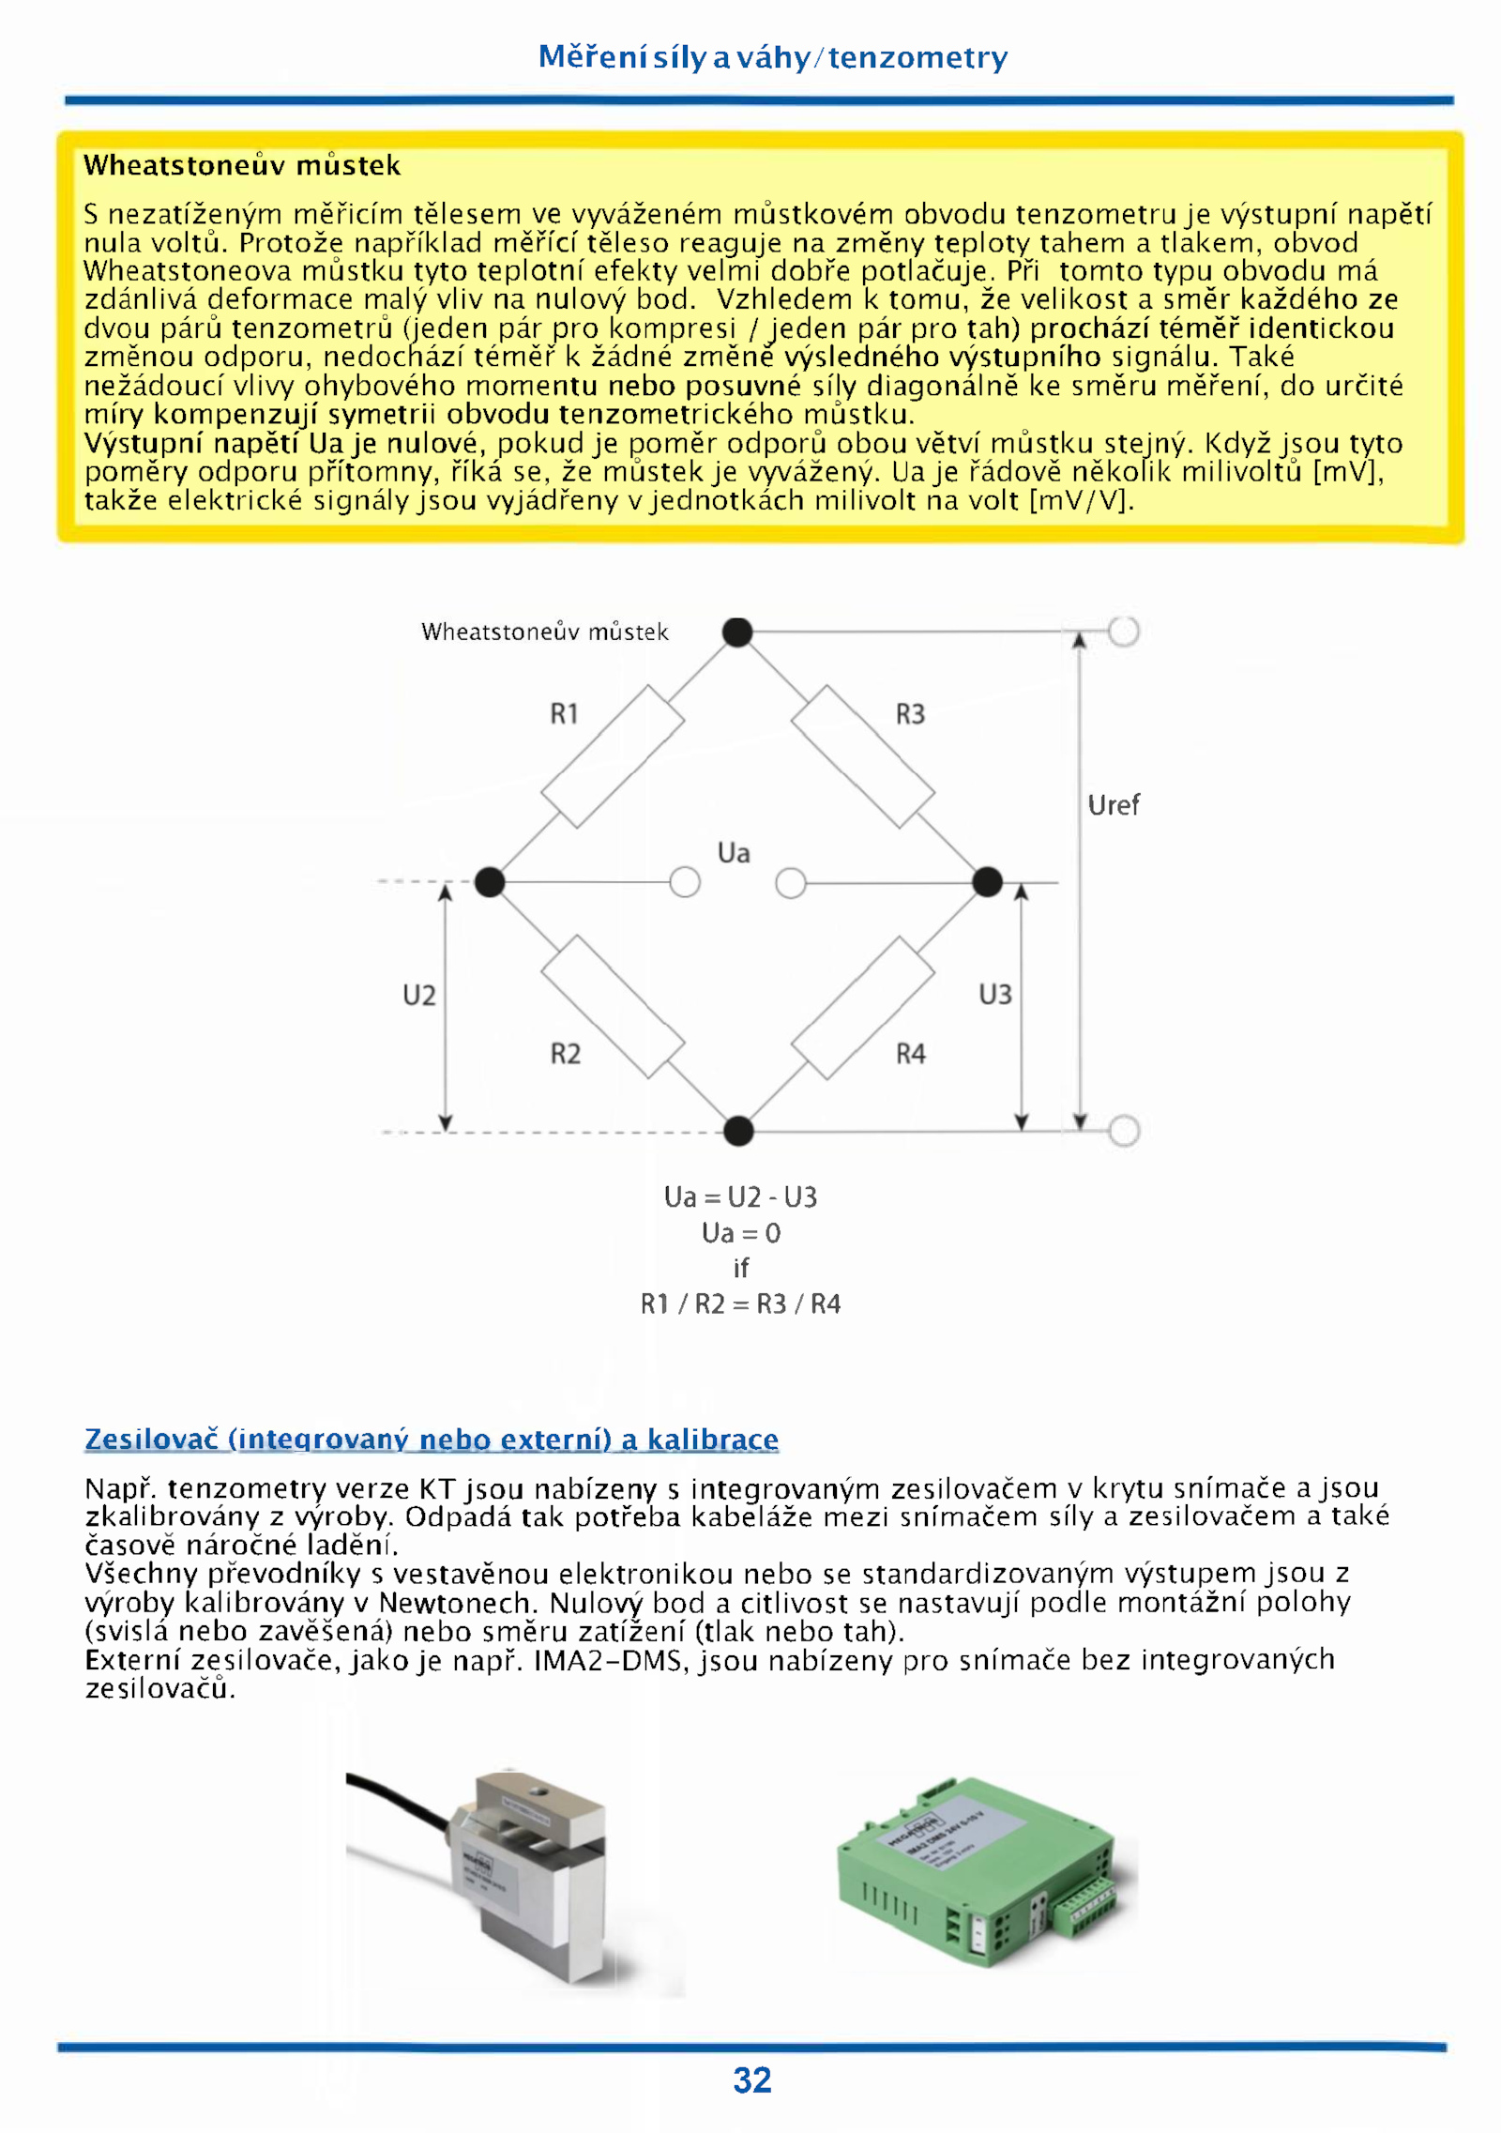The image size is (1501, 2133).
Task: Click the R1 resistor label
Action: pyautogui.click(x=564, y=714)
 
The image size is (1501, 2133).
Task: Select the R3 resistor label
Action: pyautogui.click(x=910, y=714)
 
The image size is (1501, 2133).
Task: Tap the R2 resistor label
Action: pyautogui.click(x=565, y=1054)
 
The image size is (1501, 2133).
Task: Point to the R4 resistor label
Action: pyautogui.click(x=910, y=1054)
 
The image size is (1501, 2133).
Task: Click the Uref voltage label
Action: pyautogui.click(x=1114, y=805)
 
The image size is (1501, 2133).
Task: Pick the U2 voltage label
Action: pyautogui.click(x=419, y=995)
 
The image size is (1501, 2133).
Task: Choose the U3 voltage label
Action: pyautogui.click(x=995, y=994)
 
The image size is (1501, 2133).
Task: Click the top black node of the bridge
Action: pyautogui.click(x=737, y=632)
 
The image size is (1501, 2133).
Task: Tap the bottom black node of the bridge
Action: pyautogui.click(x=738, y=1131)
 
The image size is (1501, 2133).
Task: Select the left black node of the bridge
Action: pyautogui.click(x=490, y=882)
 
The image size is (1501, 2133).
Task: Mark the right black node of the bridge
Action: pyautogui.click(x=987, y=882)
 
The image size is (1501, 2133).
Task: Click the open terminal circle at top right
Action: pyautogui.click(x=1123, y=632)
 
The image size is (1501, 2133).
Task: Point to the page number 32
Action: pyautogui.click(x=752, y=2080)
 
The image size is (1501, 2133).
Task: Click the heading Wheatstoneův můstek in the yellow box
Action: pyautogui.click(x=242, y=166)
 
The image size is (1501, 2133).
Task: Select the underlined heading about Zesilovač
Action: pyautogui.click(x=432, y=1439)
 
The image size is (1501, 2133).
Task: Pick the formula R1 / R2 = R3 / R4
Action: pyautogui.click(x=740, y=1303)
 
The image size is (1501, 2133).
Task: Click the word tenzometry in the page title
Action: pyautogui.click(x=917, y=58)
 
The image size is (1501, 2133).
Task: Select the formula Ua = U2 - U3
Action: pyautogui.click(x=740, y=1197)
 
